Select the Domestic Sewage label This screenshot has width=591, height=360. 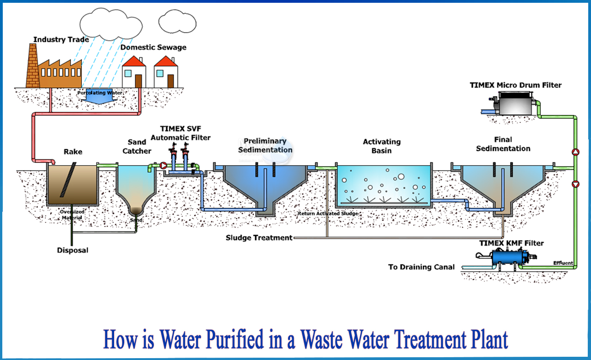[154, 47]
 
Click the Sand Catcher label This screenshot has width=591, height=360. [137, 146]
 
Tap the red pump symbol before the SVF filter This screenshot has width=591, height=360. [163, 165]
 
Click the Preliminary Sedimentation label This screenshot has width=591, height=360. [265, 145]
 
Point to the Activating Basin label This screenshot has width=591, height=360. [381, 146]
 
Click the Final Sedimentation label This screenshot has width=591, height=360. [503, 144]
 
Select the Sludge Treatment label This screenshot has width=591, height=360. [259, 238]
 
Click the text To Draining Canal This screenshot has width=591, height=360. [421, 267]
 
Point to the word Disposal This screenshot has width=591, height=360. [72, 250]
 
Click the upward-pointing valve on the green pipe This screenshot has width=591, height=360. [575, 151]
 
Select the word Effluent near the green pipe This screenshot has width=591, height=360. [563, 263]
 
